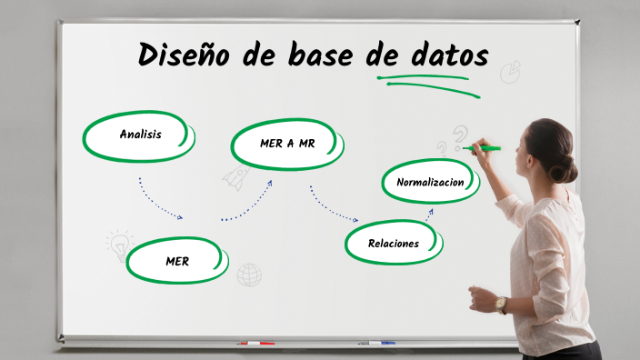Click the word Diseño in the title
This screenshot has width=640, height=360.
click(185, 56)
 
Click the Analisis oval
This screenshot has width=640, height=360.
click(140, 135)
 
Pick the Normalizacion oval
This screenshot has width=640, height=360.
click(430, 182)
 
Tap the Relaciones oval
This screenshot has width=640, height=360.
click(394, 243)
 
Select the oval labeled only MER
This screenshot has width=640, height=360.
click(177, 261)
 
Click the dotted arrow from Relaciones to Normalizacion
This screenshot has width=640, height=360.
click(428, 215)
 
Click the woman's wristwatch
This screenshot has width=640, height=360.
click(502, 305)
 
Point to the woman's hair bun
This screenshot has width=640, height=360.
click(567, 168)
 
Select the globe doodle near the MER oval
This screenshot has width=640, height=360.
click(249, 274)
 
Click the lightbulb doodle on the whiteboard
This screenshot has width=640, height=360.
click(118, 244)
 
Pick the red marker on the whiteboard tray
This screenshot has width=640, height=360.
click(255, 344)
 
